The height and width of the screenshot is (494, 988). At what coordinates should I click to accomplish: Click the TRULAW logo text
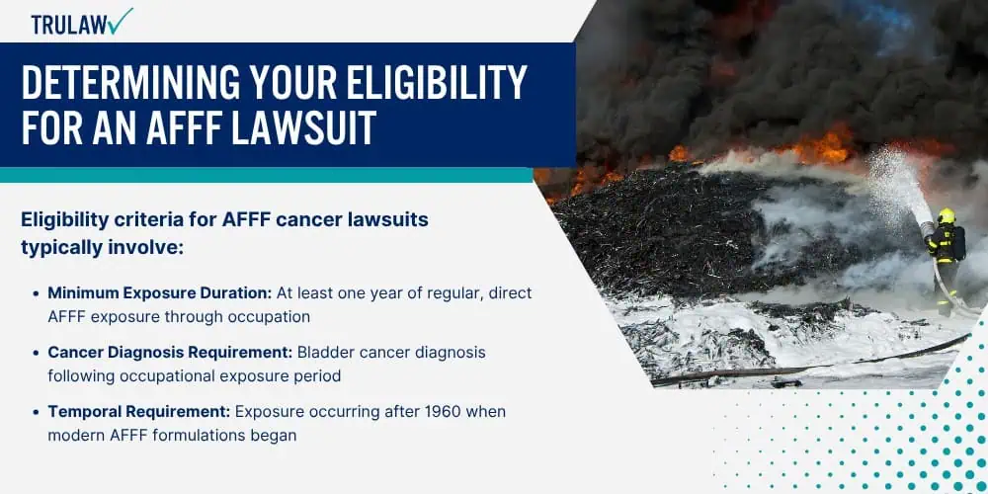pos(68,24)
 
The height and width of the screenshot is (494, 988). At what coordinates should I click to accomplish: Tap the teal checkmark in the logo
pos(120,20)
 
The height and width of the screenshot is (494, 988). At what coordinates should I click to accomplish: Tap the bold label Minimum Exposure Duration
pos(159,293)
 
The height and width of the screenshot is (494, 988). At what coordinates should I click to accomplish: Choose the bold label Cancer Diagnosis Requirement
pos(170,353)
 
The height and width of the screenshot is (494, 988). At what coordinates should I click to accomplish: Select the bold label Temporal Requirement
pos(139,411)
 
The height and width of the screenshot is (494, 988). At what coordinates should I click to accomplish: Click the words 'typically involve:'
pos(102,248)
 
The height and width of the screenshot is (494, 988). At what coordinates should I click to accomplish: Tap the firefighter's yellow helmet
pos(946,215)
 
